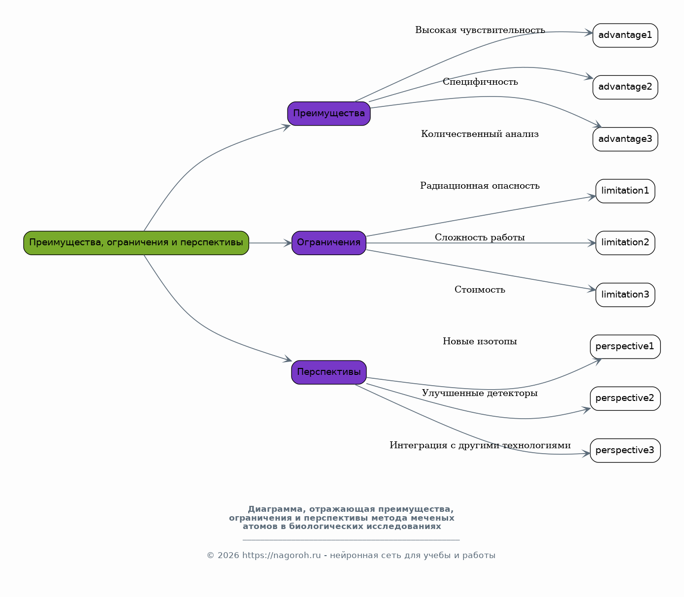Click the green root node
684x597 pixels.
[136, 243]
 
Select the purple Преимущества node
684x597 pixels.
[329, 114]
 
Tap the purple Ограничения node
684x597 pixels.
[329, 243]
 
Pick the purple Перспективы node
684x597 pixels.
[329, 372]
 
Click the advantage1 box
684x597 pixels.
[625, 35]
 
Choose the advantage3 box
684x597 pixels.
[625, 139]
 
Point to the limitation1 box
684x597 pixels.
[625, 191]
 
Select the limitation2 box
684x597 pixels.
[625, 243]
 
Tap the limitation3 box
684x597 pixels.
[625, 295]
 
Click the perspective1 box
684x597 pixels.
[625, 347]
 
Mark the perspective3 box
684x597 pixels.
[625, 451]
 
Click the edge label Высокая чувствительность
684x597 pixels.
[480, 30]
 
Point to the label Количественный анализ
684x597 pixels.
[480, 134]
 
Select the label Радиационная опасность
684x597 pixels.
[480, 186]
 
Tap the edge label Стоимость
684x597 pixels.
[480, 290]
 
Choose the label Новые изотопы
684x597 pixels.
[480, 341]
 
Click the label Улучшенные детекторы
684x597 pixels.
[480, 393]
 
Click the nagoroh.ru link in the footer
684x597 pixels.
[281, 556]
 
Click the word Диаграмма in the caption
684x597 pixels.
[275, 509]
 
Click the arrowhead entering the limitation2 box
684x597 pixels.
[592, 243]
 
